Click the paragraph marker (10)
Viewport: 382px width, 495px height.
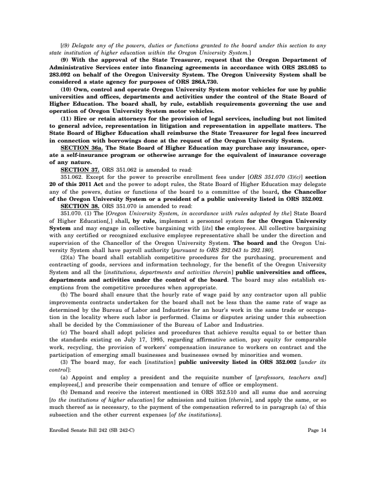(x=67, y=89)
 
